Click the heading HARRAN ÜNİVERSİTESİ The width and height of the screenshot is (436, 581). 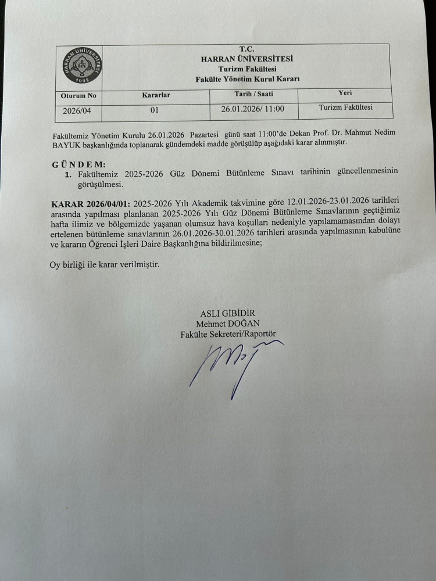(x=246, y=59)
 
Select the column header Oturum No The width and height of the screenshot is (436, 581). (x=78, y=95)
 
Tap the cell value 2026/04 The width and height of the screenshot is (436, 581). (x=79, y=109)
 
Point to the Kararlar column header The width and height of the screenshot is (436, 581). (x=156, y=94)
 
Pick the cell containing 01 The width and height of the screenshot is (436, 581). (x=155, y=109)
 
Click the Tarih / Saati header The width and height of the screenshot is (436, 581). (x=253, y=93)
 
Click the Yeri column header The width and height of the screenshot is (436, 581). (x=345, y=92)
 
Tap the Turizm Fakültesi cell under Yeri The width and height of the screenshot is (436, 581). (x=346, y=107)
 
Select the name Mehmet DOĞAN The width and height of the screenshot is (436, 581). (x=228, y=324)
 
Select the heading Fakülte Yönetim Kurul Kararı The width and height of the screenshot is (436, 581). (x=248, y=78)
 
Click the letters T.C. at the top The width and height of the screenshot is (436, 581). (x=247, y=49)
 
